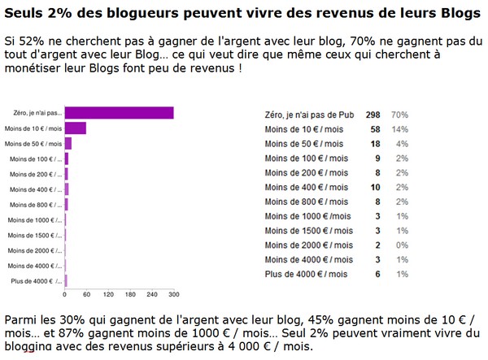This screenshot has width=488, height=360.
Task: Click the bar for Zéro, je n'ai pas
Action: click(x=119, y=113)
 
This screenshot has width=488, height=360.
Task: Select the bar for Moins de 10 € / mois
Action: click(x=75, y=128)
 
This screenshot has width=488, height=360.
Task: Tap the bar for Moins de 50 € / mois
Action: click(x=68, y=144)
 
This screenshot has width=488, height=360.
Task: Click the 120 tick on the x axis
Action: click(x=108, y=294)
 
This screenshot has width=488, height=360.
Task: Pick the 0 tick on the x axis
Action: click(x=65, y=294)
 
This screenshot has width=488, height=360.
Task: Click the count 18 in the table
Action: click(x=376, y=144)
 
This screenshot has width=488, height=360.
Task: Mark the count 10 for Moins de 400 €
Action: click(x=376, y=188)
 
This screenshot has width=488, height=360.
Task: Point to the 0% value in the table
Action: click(x=402, y=245)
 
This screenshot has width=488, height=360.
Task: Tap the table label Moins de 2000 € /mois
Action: click(x=310, y=245)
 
